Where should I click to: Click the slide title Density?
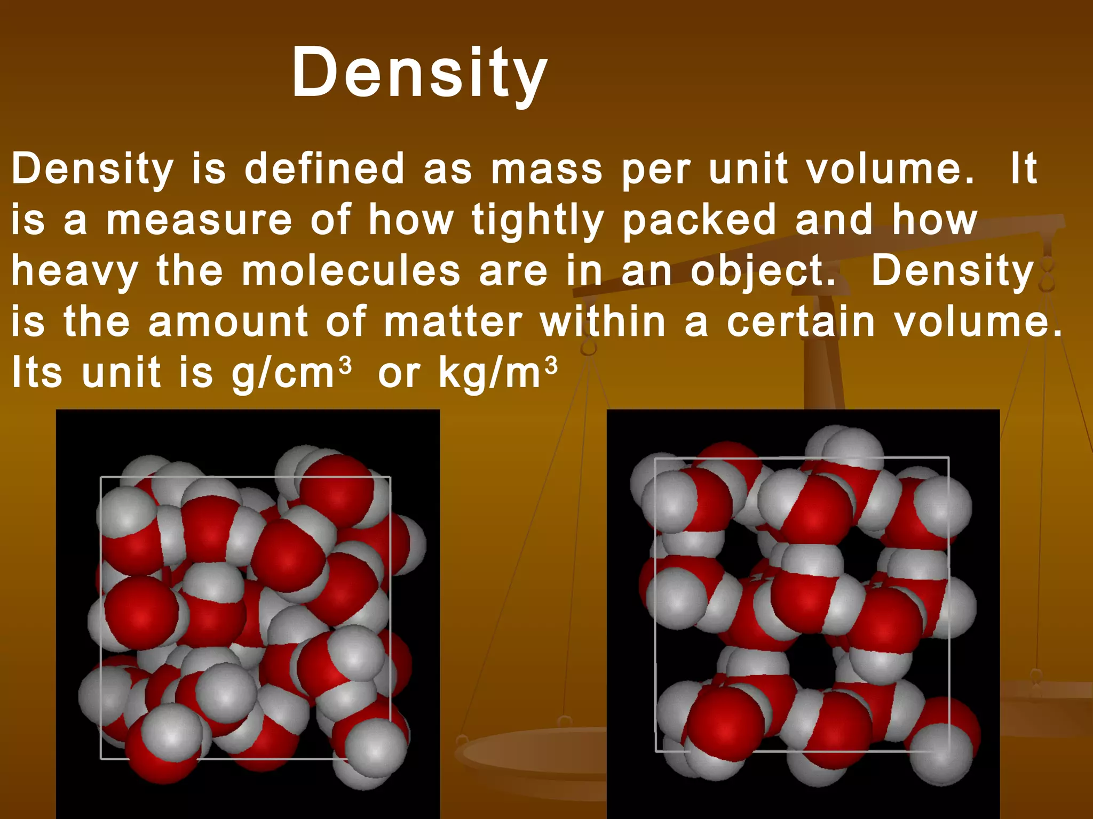point(419,73)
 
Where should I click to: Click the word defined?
point(324,169)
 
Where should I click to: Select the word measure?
point(199,220)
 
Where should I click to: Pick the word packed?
point(699,221)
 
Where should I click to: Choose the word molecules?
point(351,271)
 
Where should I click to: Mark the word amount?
point(228,322)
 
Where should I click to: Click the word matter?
point(453,322)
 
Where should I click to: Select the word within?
point(603,322)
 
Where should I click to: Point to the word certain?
point(801,322)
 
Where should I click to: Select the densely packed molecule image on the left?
point(248,613)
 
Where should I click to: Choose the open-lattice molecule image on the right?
point(803,613)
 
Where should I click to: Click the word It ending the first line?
point(1023,168)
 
